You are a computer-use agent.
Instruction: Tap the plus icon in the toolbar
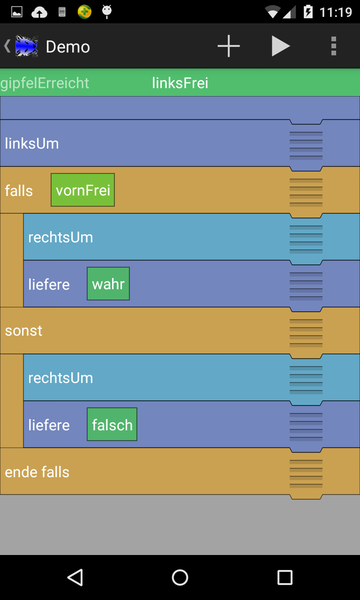pyautogui.click(x=229, y=46)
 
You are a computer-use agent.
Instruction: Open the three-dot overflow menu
pyautogui.click(x=333, y=46)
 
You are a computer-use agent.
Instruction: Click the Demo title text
pyautogui.click(x=68, y=47)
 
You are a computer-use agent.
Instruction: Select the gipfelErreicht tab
pyautogui.click(x=45, y=83)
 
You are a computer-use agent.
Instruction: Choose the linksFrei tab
pyautogui.click(x=180, y=83)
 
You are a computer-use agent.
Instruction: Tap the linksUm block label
pyautogui.click(x=32, y=143)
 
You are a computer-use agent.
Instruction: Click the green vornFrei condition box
pyautogui.click(x=82, y=190)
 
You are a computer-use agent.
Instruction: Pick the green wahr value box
pyautogui.click(x=108, y=284)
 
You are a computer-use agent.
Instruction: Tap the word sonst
pyautogui.click(x=23, y=331)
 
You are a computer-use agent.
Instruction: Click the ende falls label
pyautogui.click(x=37, y=472)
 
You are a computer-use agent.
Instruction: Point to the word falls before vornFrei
pyautogui.click(x=19, y=191)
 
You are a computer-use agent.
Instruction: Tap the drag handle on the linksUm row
pyautogui.click(x=306, y=145)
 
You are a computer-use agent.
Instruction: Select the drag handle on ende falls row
pyautogui.click(x=306, y=473)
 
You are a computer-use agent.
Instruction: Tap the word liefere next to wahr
pyautogui.click(x=49, y=285)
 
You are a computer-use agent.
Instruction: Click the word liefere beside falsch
pyautogui.click(x=49, y=425)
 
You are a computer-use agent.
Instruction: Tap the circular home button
pyautogui.click(x=180, y=577)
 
